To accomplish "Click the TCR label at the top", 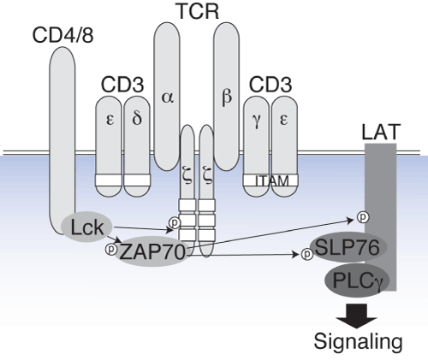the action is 199,11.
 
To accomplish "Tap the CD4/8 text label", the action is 62,35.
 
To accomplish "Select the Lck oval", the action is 87,227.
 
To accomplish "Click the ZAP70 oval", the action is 152,251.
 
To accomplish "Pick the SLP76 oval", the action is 348,247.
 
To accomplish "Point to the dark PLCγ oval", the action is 357,280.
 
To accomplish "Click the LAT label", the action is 381,132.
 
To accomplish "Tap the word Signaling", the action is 359,341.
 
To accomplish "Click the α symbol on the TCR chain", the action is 168,97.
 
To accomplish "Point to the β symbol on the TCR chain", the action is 227,97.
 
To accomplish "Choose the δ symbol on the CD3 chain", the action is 137,118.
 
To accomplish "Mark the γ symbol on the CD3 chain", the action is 257,121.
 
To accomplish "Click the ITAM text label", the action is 272,181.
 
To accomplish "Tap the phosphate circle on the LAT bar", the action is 363,217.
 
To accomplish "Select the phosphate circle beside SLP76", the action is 307,254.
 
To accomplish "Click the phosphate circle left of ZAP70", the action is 111,249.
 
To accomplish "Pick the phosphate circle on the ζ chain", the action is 175,222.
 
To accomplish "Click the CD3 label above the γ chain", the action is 270,85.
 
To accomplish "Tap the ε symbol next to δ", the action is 110,120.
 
